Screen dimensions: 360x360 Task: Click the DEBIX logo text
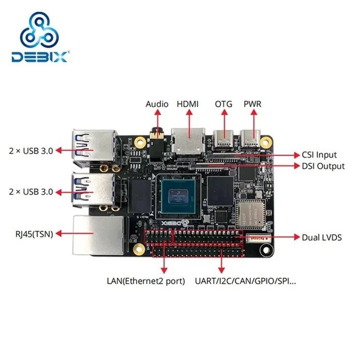point(39,56)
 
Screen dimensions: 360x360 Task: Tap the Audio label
point(157,104)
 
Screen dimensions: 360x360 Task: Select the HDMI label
point(187,104)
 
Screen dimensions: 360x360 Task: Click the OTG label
point(224,104)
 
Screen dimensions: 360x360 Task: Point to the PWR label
point(252,104)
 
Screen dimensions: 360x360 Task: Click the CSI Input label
point(319,155)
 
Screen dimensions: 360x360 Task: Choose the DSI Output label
point(323,166)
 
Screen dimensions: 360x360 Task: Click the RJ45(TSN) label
point(31,233)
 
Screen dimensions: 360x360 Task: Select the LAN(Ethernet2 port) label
point(146,281)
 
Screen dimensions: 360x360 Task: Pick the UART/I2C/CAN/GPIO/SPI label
point(246,281)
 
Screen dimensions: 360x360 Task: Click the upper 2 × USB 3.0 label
point(31,151)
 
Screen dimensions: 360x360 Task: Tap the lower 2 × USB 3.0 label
point(31,191)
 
